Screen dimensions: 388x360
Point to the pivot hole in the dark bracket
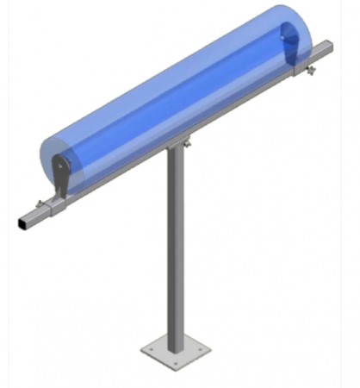59,166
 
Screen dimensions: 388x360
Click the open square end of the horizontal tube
21,223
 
